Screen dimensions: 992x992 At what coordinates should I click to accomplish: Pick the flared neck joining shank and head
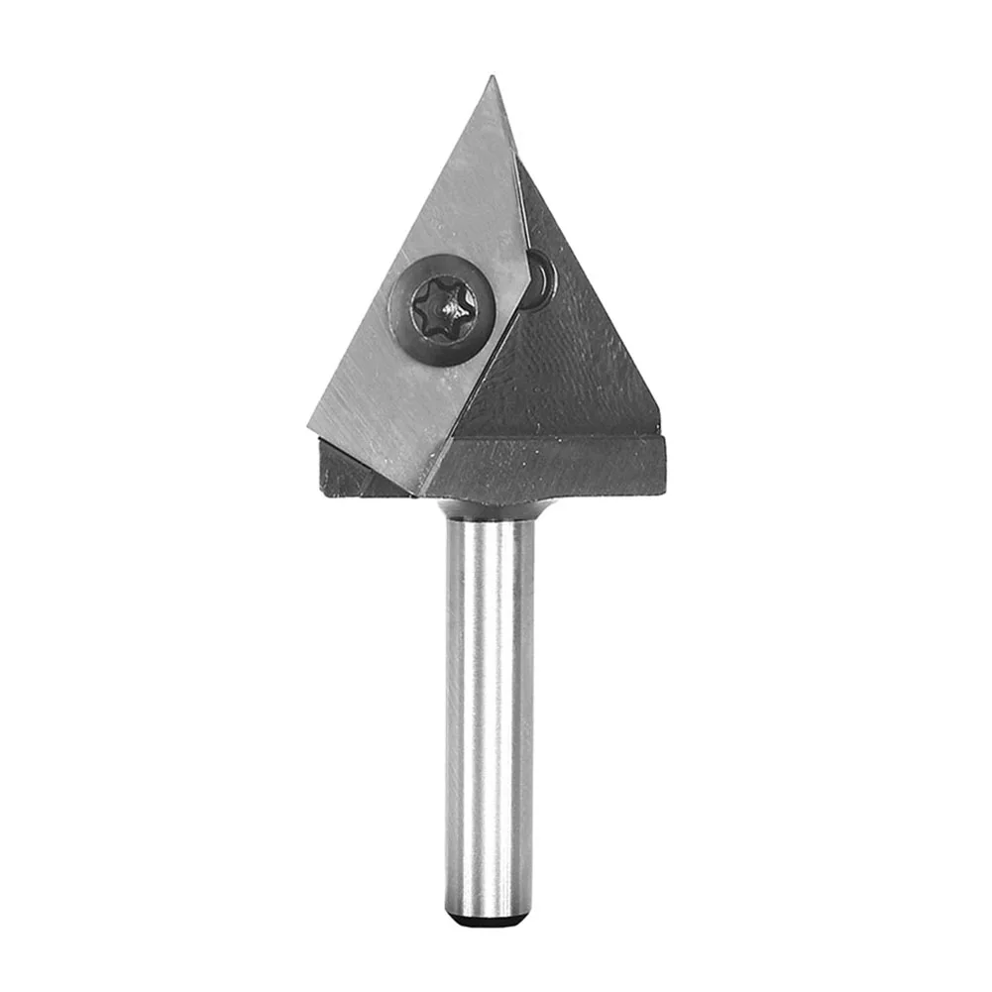(491, 509)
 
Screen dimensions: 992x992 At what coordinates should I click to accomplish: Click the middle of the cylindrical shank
(490, 714)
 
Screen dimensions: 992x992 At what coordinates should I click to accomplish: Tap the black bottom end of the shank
(490, 921)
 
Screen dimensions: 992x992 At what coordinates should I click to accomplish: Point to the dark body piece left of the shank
(352, 473)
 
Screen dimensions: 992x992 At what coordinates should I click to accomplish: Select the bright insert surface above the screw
(466, 198)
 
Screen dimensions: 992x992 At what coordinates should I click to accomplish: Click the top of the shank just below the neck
(490, 535)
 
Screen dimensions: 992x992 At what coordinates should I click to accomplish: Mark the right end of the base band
(662, 466)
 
